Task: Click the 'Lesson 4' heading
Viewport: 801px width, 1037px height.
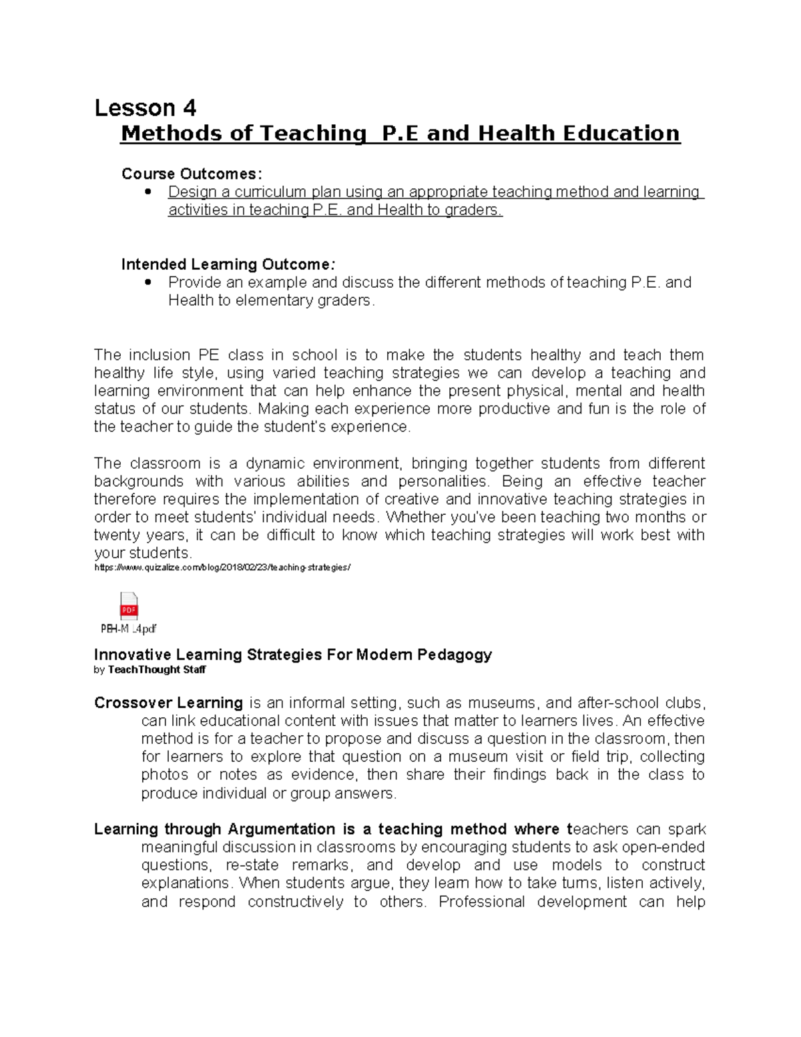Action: tap(145, 108)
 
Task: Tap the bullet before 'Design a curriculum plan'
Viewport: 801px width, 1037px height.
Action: tap(148, 192)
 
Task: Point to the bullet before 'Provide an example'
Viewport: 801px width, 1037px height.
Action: tap(148, 282)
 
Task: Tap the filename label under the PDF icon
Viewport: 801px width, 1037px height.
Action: tap(128, 629)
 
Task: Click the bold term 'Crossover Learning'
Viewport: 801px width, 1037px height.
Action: tap(168, 703)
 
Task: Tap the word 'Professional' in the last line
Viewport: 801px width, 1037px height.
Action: tap(481, 902)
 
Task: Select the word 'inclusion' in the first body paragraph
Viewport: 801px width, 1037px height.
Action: tap(160, 355)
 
